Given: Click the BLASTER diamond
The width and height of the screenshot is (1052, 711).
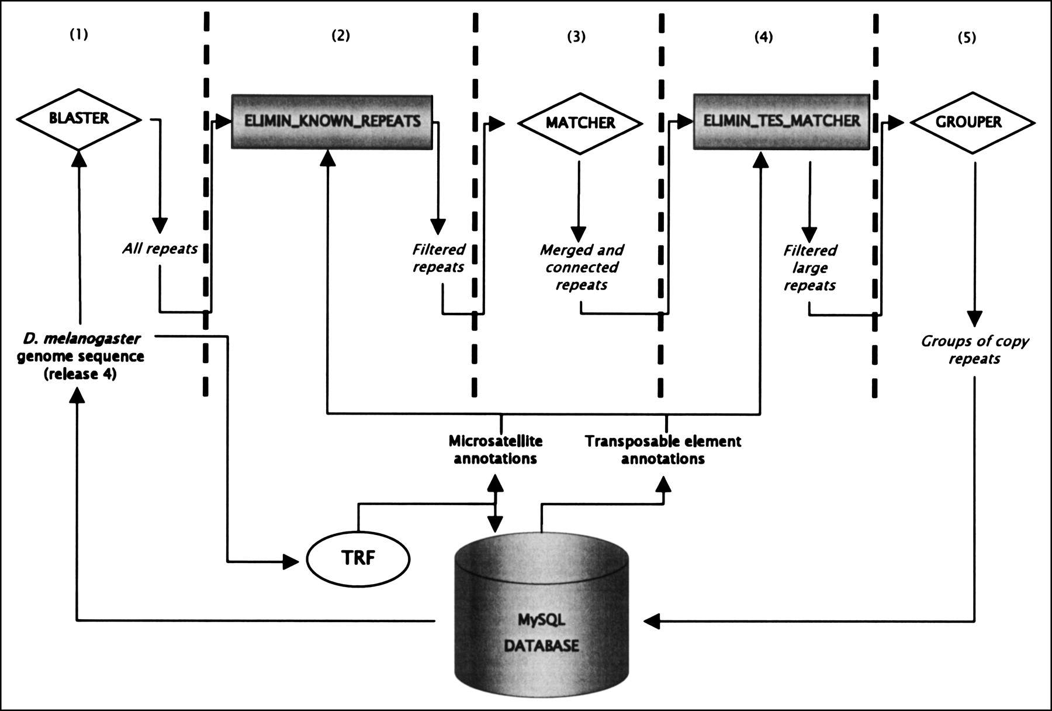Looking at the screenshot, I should [79, 119].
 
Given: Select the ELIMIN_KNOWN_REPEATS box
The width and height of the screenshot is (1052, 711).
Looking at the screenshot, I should [332, 121].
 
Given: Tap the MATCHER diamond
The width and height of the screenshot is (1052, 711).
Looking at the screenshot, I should [580, 123].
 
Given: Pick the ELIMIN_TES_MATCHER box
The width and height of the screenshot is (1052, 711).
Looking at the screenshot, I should [781, 121].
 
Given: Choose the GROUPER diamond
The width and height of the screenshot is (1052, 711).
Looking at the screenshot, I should [973, 122].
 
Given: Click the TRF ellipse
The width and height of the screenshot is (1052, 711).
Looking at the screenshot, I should [358, 558].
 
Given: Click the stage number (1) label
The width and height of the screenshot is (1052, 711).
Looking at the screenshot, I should [79, 34].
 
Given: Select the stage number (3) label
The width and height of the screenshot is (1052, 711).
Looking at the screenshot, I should [576, 37].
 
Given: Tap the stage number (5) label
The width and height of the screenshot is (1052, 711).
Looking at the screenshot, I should [967, 38].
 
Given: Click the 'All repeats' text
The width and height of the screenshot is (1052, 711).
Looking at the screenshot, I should [160, 248].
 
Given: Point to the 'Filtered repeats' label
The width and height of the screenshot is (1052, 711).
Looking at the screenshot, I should [438, 258].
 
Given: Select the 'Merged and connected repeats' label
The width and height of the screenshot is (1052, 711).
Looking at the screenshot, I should [582, 267].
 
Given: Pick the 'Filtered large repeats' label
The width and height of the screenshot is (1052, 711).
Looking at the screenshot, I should [809, 268].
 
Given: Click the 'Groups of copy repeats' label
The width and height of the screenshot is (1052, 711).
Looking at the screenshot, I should [974, 350].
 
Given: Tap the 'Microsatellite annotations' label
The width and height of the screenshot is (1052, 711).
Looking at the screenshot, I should [496, 450].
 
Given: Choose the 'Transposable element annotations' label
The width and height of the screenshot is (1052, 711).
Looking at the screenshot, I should [663, 450].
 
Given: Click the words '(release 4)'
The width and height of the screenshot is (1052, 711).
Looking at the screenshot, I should [80, 374].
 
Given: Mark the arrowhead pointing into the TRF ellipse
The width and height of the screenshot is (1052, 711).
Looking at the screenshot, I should [291, 562].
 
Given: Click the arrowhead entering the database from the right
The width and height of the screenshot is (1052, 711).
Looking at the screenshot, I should [651, 621].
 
